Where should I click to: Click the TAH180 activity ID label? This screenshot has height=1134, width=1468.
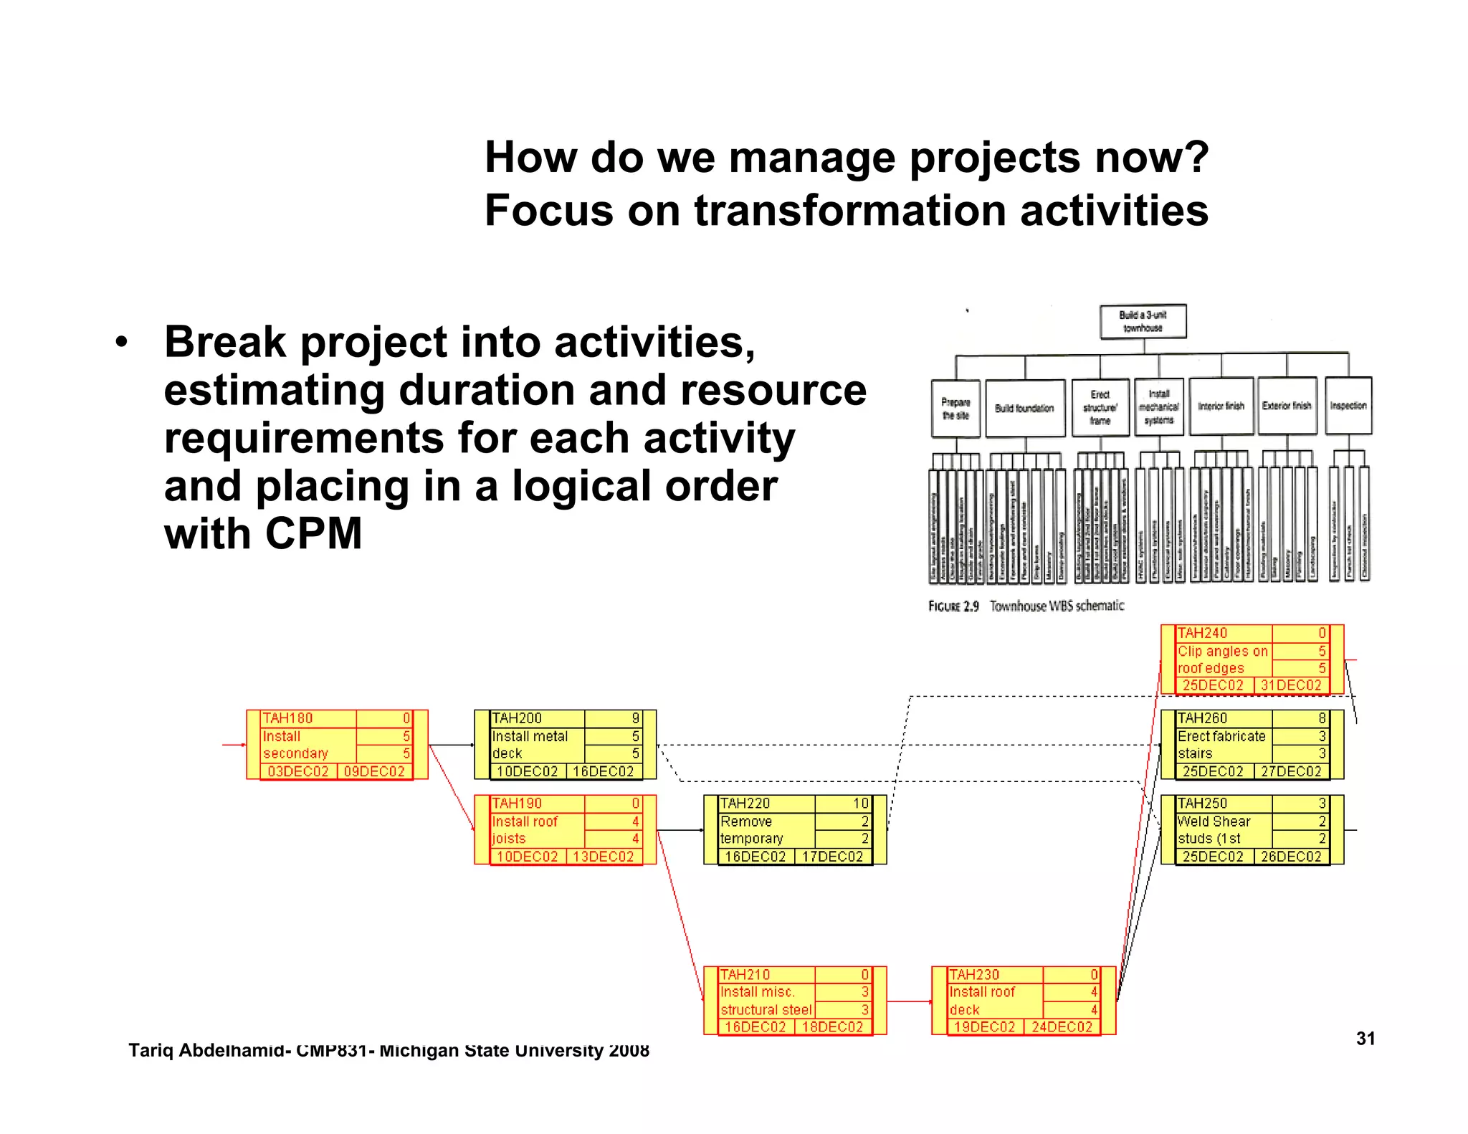(x=287, y=718)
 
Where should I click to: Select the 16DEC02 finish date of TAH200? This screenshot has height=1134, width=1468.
(x=603, y=771)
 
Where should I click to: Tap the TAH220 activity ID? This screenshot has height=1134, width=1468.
(x=745, y=804)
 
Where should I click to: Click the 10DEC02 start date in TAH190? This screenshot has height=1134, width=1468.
(x=527, y=857)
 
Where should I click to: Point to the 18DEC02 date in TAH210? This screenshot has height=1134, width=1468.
(x=831, y=1026)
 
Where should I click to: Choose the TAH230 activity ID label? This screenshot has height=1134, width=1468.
(x=973, y=975)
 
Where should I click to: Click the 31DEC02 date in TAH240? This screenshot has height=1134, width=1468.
(x=1290, y=685)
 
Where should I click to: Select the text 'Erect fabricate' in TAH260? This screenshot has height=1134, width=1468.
(x=1221, y=736)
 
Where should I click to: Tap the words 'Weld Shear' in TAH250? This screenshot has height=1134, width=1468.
(x=1214, y=821)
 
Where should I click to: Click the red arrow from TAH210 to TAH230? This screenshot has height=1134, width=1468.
(x=909, y=1001)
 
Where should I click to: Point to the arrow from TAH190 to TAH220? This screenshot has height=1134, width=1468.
(x=680, y=830)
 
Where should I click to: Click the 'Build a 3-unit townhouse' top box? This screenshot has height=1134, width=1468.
(x=1143, y=321)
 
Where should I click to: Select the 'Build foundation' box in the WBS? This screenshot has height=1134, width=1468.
(x=1024, y=408)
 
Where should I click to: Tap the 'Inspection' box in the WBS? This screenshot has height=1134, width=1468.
(x=1348, y=406)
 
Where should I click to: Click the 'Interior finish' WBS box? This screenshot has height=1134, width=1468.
(x=1221, y=406)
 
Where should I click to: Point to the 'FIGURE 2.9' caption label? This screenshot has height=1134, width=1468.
(x=953, y=606)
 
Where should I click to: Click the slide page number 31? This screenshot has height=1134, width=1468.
(x=1365, y=1039)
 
